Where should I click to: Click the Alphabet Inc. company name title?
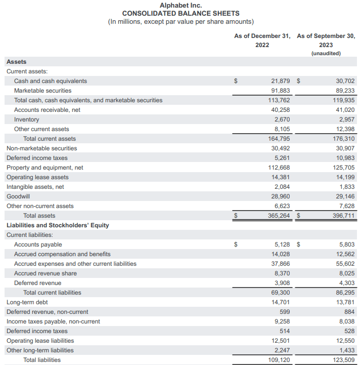[x=181, y=5]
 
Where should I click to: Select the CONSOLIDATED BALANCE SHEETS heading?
[x=181, y=13]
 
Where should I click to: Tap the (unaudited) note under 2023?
[x=326, y=53]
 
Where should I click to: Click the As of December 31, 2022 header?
[x=262, y=40]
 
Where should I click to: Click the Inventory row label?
[x=26, y=119]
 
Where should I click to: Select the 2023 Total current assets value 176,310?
[x=343, y=139]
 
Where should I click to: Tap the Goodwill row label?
[x=18, y=196]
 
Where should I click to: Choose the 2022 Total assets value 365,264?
[x=279, y=216]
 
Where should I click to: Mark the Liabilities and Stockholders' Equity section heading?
[x=58, y=225]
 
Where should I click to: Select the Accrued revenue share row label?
[x=46, y=273]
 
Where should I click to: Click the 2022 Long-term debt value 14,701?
[x=281, y=302]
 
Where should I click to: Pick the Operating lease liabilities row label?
[x=40, y=341]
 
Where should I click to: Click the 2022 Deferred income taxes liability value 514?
[x=285, y=331]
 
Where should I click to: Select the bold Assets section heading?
[x=16, y=62]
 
